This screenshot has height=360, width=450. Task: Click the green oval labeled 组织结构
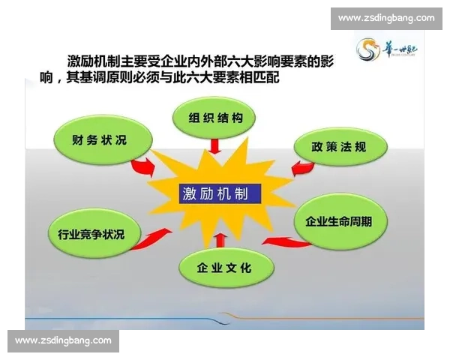pyautogui.click(x=214, y=118)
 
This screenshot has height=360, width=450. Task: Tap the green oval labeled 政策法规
pyautogui.click(x=339, y=147)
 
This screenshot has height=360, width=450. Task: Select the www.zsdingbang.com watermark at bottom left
pyautogui.click(x=63, y=340)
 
